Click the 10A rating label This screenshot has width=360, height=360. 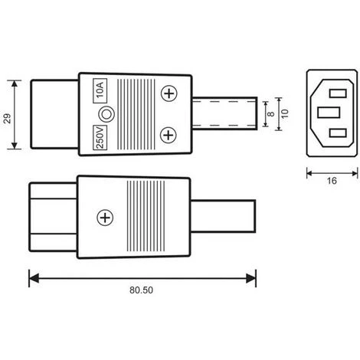pos(100,90)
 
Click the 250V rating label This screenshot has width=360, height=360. pos(100,138)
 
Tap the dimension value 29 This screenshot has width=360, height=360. pos(8,119)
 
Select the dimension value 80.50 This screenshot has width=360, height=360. pos(141,290)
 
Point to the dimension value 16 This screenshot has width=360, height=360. pos(332,181)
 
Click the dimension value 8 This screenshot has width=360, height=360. pos(271,114)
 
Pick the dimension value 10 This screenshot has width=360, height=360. pos(285,113)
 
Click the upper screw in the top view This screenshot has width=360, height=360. pos(169,93)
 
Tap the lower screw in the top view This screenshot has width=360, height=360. pos(169,135)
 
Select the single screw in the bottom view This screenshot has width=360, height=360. pos(105,218)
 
